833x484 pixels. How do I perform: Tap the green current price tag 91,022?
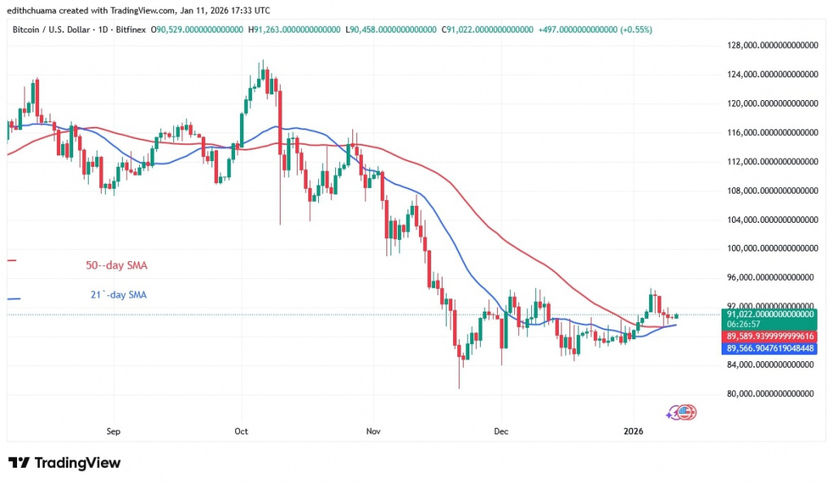click(x=769, y=313)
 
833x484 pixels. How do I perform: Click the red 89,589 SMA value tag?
click(x=769, y=335)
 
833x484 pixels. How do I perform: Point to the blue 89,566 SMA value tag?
click(x=769, y=348)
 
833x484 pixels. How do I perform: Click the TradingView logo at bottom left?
click(x=64, y=463)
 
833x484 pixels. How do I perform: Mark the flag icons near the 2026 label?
click(x=682, y=412)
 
